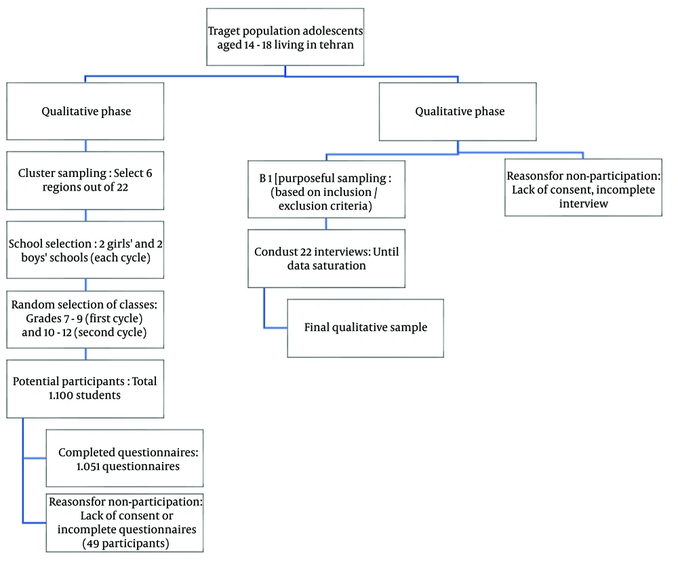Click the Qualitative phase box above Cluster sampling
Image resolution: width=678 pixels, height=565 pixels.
coord(85,111)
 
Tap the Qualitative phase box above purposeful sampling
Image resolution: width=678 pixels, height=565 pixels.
coord(459,111)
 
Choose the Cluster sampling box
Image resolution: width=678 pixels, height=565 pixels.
coord(85,180)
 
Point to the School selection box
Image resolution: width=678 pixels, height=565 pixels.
coord(85,250)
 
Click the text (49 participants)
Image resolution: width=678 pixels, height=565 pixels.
coord(123,544)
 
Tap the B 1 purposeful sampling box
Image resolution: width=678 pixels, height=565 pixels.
coord(326,189)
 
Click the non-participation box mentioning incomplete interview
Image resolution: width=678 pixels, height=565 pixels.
coord(583,189)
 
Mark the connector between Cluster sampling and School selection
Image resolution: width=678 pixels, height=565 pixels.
coord(85,215)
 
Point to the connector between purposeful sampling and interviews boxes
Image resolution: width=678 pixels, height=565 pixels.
coord(326,225)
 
